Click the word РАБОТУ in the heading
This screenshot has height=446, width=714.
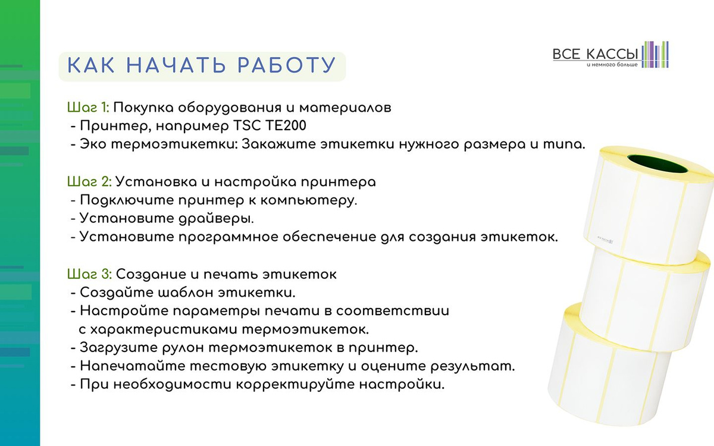287,65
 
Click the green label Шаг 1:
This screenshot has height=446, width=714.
88,108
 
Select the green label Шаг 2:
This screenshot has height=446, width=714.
89,182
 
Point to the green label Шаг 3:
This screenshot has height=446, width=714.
90,274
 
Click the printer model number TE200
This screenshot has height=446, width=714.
286,125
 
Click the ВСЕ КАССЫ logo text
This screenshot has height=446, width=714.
595,54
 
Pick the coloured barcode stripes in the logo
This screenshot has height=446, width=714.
655,55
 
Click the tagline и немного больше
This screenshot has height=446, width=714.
612,65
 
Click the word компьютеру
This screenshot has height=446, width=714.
309,201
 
